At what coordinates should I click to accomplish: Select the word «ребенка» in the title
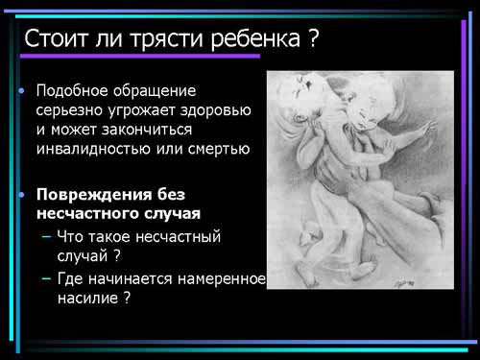point(255,39)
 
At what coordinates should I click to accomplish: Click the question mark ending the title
point(314,38)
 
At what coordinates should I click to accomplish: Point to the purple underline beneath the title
point(140,56)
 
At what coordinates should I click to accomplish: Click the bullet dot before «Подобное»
point(21,91)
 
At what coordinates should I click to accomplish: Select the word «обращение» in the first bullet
point(155,91)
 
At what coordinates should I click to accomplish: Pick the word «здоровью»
point(215,110)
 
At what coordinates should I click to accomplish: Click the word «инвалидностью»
point(93,149)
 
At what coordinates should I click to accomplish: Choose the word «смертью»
point(219,149)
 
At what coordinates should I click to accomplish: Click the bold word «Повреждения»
point(94,195)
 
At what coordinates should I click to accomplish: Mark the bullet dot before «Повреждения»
point(21,195)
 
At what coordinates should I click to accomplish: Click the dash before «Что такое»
point(46,237)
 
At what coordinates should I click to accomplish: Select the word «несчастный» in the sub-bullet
point(179,237)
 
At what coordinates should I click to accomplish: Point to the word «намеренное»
point(222,279)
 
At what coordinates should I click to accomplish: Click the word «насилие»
point(88,299)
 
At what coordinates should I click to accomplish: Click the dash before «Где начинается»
point(46,279)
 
